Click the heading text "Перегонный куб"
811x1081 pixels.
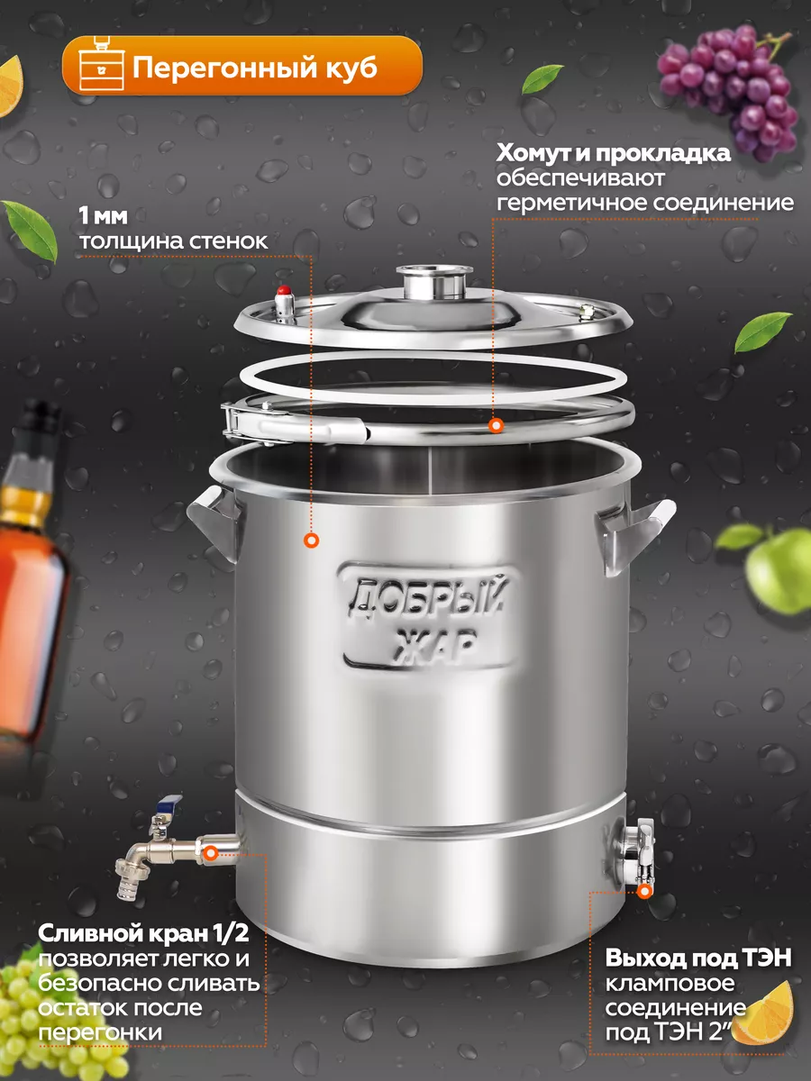click(x=255, y=68)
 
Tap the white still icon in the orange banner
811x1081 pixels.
click(x=101, y=64)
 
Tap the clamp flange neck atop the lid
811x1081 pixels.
click(x=434, y=282)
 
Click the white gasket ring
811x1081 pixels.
click(x=433, y=378)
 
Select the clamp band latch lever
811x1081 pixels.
click(x=296, y=423)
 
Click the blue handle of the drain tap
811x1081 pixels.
click(x=170, y=803)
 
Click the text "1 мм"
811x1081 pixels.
click(x=104, y=216)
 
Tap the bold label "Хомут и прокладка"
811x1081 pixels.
click(x=613, y=153)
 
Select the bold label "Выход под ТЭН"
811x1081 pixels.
click(x=698, y=958)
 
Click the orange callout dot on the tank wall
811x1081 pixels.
click(x=311, y=540)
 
